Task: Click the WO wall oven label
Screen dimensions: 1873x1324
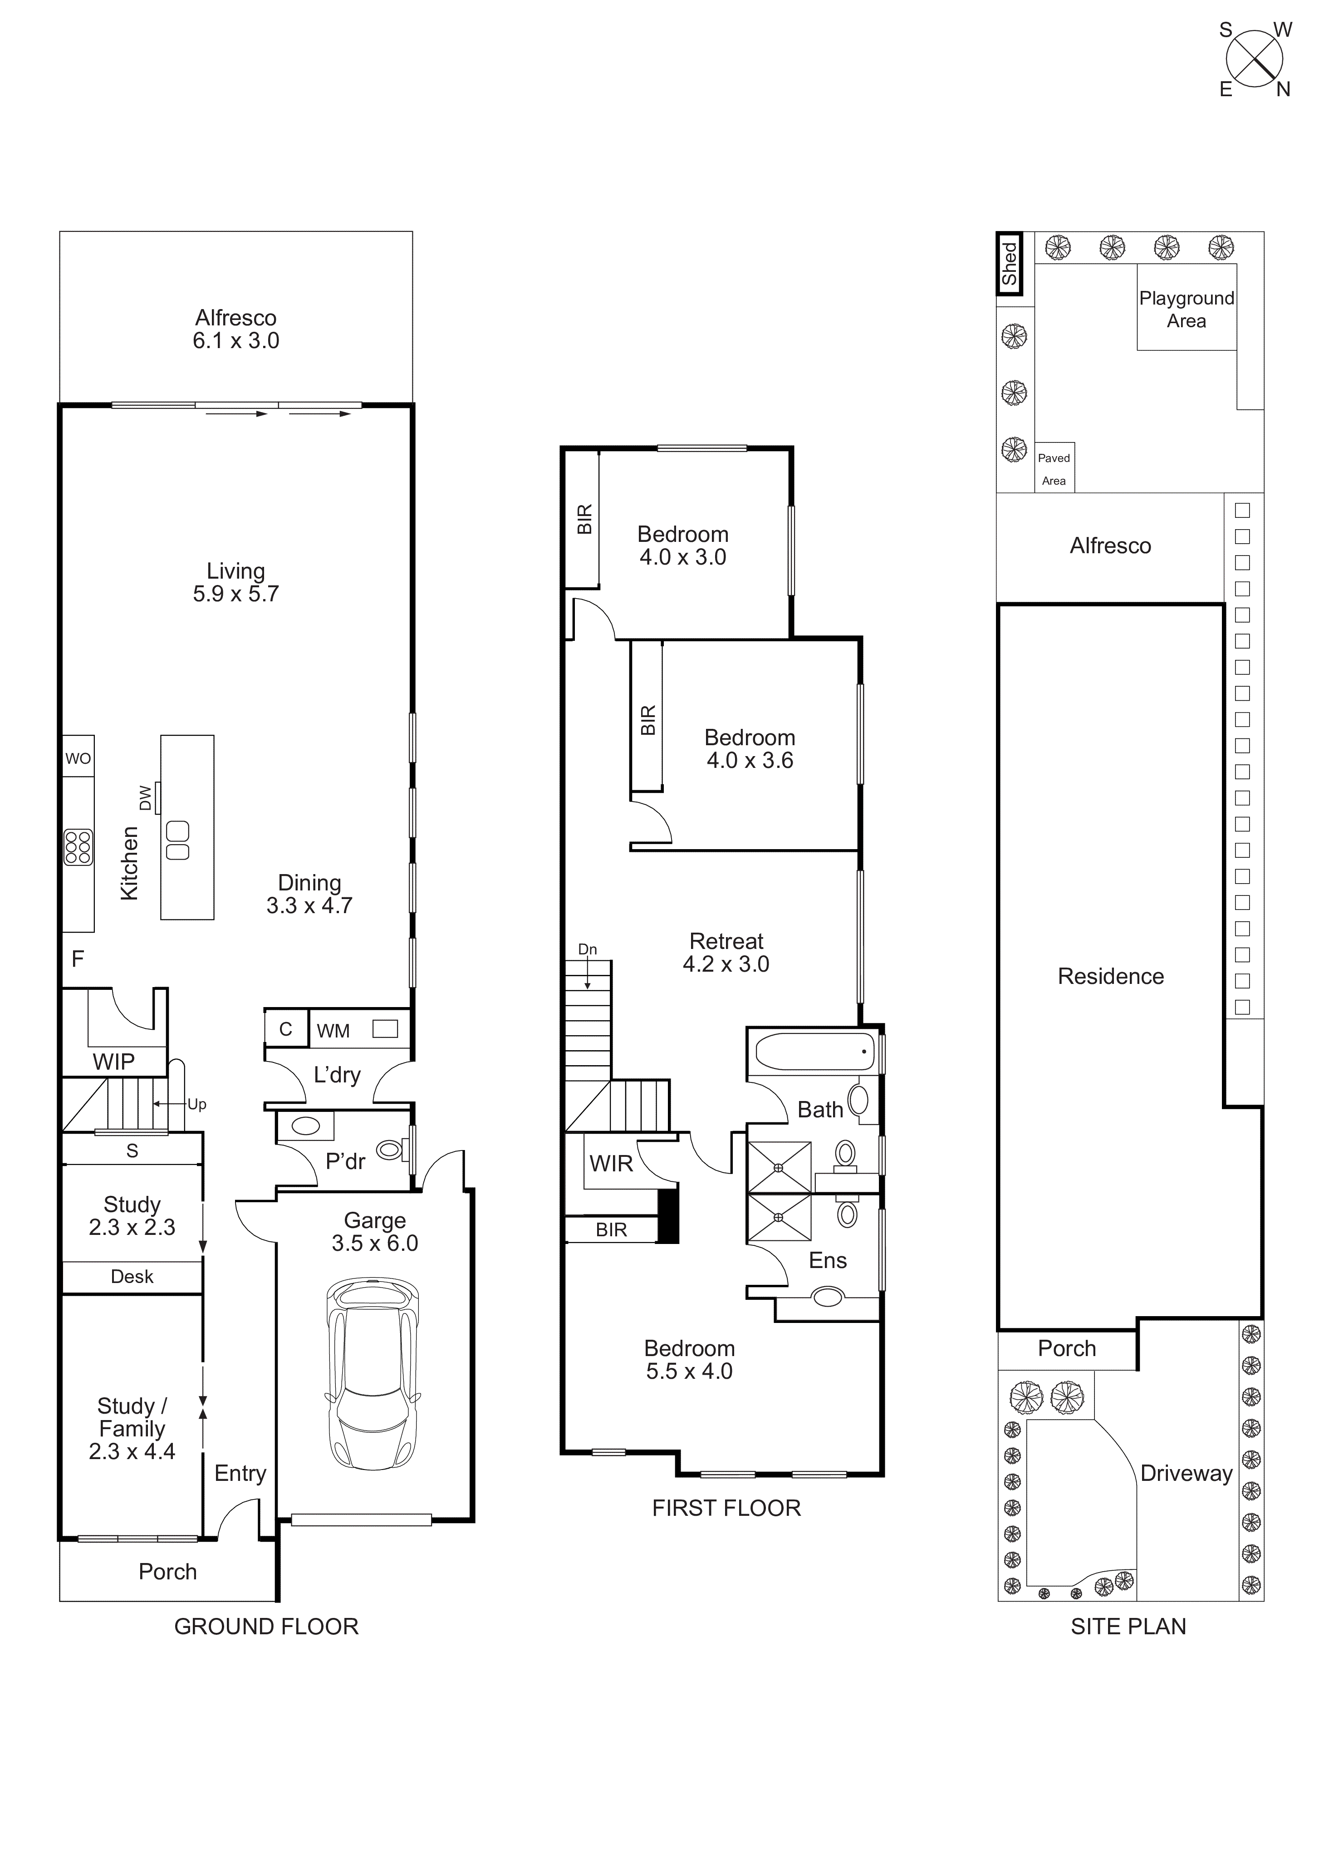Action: (x=78, y=759)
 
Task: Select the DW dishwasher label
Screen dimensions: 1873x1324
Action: (x=145, y=798)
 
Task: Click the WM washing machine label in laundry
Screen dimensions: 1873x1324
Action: (x=333, y=1031)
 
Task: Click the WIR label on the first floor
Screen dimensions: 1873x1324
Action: (x=611, y=1164)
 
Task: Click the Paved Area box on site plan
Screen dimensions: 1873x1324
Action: (x=1054, y=469)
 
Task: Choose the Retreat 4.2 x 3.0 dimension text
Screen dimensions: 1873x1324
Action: (x=726, y=964)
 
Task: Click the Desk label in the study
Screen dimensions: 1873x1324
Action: (x=132, y=1277)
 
